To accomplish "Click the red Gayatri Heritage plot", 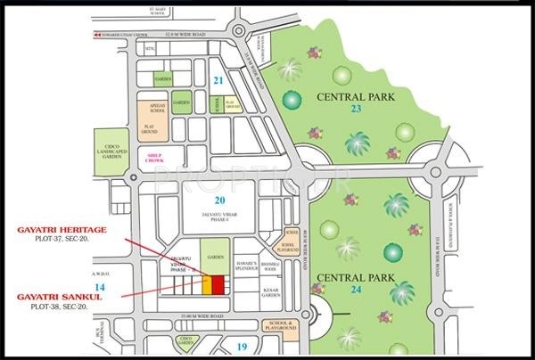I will (218, 284).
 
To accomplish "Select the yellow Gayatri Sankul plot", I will (207, 284).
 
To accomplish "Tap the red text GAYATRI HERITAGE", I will (62, 230).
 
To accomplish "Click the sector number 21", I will (218, 80).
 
